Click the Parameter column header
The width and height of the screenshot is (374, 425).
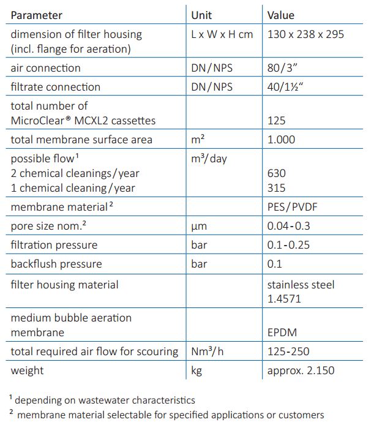[x=36, y=15]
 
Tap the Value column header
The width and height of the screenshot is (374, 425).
[x=281, y=15]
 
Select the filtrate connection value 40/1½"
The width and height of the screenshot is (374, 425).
[x=286, y=87]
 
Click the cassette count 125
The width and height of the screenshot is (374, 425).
[x=277, y=121]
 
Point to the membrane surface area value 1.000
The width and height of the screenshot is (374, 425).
[x=281, y=140]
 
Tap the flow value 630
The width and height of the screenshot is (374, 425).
[x=277, y=173]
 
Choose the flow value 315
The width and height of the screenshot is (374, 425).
[x=277, y=188]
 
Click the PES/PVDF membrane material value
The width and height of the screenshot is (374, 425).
[x=292, y=207]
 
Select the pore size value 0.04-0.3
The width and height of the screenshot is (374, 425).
[x=289, y=226]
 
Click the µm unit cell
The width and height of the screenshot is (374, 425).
[x=199, y=226]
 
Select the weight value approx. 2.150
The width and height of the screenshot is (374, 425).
[x=301, y=370]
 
